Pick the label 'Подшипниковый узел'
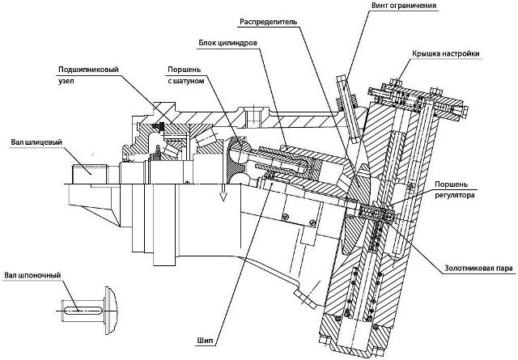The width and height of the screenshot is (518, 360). click(88, 74)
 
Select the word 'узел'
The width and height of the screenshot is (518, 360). click(66, 81)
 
